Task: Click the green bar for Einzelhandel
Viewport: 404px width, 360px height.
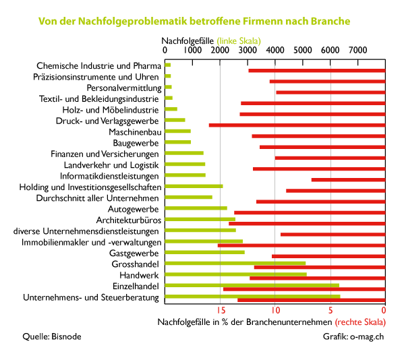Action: (x=252, y=285)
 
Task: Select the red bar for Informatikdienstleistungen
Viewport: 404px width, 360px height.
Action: (x=348, y=180)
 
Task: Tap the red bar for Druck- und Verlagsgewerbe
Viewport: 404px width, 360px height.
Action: (x=297, y=125)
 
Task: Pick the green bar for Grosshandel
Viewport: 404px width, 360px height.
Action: (x=235, y=263)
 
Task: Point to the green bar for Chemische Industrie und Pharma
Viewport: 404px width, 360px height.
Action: (x=168, y=65)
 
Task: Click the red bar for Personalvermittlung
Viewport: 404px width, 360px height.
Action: (x=331, y=92)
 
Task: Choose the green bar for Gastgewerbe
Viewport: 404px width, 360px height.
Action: (x=204, y=252)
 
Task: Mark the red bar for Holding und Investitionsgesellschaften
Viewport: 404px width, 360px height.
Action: (x=336, y=191)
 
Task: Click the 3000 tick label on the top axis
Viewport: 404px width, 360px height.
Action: (x=248, y=50)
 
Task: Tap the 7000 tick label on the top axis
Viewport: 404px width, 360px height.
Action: (x=357, y=50)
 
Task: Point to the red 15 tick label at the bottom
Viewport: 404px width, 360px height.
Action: (x=221, y=310)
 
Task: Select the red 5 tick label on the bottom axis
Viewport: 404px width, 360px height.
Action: (x=330, y=310)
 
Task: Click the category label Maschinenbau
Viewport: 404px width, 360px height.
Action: (x=136, y=132)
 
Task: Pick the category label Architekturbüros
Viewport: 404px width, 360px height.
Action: (x=129, y=220)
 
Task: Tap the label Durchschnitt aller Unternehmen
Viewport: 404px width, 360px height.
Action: (x=97, y=198)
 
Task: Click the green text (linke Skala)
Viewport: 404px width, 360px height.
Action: (x=239, y=41)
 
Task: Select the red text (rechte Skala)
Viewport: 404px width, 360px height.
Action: (x=360, y=322)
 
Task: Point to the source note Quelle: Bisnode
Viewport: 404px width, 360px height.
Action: (x=52, y=336)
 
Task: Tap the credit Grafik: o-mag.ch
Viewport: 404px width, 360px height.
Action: (x=353, y=336)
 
